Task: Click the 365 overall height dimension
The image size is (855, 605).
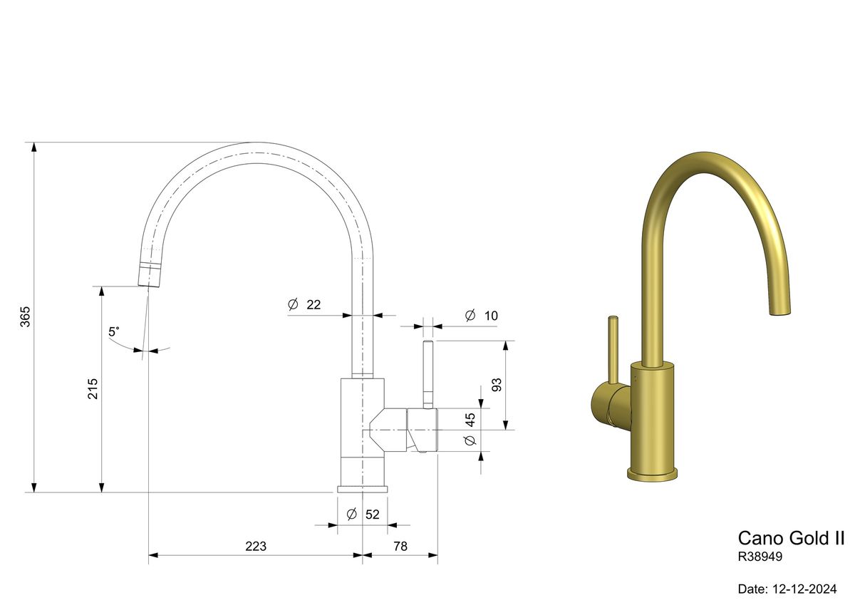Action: pos(25,316)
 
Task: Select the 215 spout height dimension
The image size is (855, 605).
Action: pos(93,388)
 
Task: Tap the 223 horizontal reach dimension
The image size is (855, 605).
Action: pos(255,547)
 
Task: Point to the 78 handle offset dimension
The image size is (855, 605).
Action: pos(400,547)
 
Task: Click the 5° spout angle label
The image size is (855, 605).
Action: pos(114,332)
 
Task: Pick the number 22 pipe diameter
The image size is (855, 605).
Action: pos(313,304)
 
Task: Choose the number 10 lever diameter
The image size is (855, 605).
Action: pos(491,316)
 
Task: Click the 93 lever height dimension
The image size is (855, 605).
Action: pos(497,386)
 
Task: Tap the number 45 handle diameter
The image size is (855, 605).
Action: pos(470,420)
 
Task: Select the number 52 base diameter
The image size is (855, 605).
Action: pos(373,514)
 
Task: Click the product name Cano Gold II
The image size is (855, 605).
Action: pos(791,538)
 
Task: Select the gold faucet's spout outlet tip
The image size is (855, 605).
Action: pos(782,309)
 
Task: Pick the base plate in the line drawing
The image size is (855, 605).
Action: pos(363,489)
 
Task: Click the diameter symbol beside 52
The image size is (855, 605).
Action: pos(351,514)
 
